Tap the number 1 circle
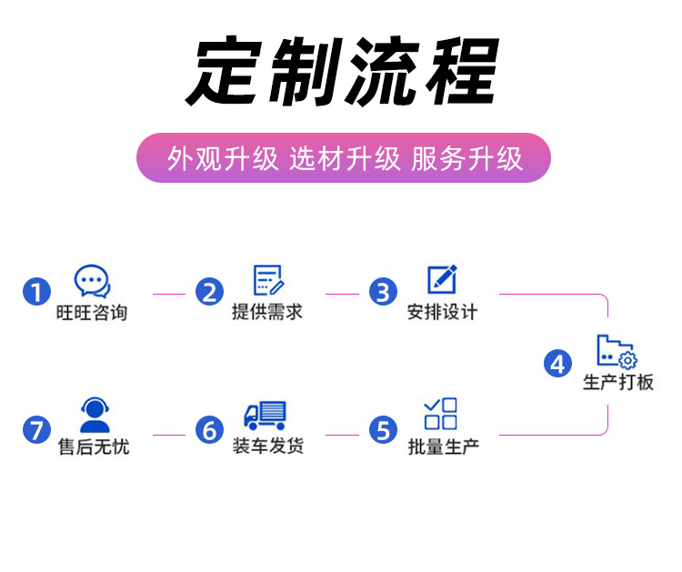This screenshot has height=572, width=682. tap(36, 292)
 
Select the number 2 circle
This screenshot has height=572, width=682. tap(210, 292)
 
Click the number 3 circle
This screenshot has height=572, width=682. tap(384, 292)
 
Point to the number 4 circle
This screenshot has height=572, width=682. tap(557, 364)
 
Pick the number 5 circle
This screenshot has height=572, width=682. tap(384, 428)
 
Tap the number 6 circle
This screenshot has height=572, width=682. tap(210, 428)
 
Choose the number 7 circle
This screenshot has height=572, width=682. tap(36, 428)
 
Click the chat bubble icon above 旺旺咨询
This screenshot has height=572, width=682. tap(92, 281)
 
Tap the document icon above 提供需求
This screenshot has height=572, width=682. tap(267, 280)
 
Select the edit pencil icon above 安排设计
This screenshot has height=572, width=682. tap(442, 279)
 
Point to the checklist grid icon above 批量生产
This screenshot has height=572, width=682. tap(441, 414)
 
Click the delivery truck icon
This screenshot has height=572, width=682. tap(266, 416)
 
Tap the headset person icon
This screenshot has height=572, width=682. tap(94, 416)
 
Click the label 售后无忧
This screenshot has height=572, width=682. tap(93, 448)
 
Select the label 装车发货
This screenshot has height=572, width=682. tap(267, 447)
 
